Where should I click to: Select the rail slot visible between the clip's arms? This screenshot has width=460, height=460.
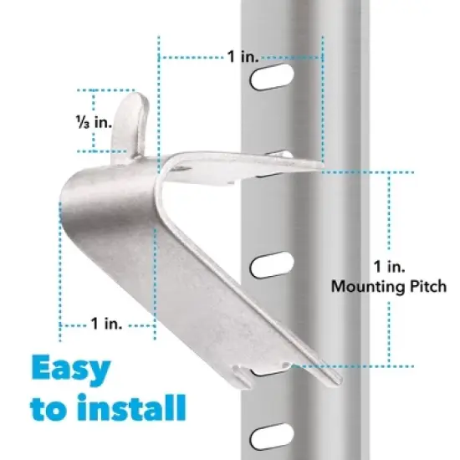[273, 267]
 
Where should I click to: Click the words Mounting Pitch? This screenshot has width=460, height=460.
[389, 286]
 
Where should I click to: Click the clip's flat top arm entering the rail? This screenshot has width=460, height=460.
[251, 166]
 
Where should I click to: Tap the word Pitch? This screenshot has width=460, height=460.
[428, 286]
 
